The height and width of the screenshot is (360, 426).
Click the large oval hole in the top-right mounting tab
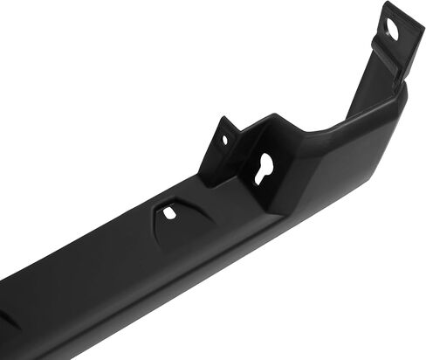pos(392,30)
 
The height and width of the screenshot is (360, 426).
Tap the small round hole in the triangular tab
pos(224,139)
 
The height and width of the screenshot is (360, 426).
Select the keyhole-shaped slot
pos(264,167)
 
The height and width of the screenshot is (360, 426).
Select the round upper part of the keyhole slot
pos(264,162)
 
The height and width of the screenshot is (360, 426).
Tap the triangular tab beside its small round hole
pos(216,153)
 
